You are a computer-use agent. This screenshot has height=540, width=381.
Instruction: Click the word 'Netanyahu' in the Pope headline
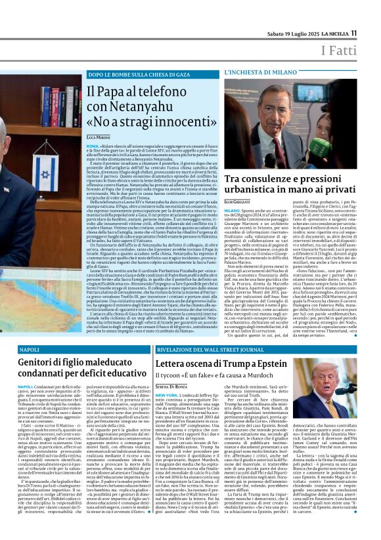click(x=145, y=106)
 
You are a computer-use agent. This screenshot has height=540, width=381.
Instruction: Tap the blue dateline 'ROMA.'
click(x=93, y=146)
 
